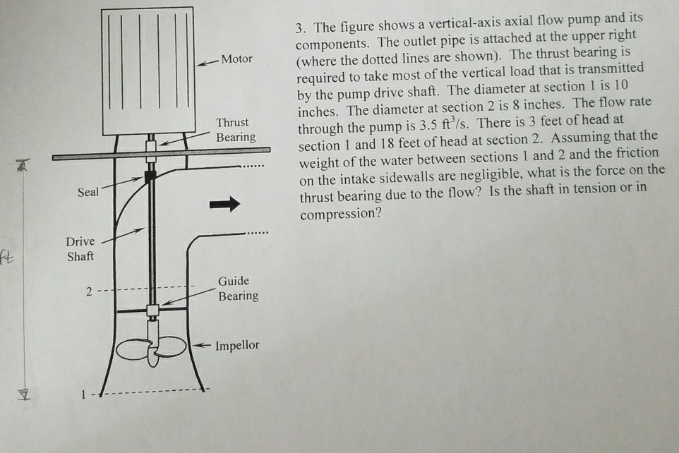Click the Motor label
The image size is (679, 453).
(236, 59)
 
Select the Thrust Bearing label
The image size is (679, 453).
(236, 130)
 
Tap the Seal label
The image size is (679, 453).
(89, 192)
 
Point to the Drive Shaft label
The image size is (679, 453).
(80, 249)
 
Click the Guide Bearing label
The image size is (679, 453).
(238, 289)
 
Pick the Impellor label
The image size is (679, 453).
(237, 346)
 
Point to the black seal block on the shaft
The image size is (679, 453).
(150, 177)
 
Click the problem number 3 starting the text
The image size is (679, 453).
(300, 28)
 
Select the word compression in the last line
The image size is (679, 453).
(340, 214)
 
